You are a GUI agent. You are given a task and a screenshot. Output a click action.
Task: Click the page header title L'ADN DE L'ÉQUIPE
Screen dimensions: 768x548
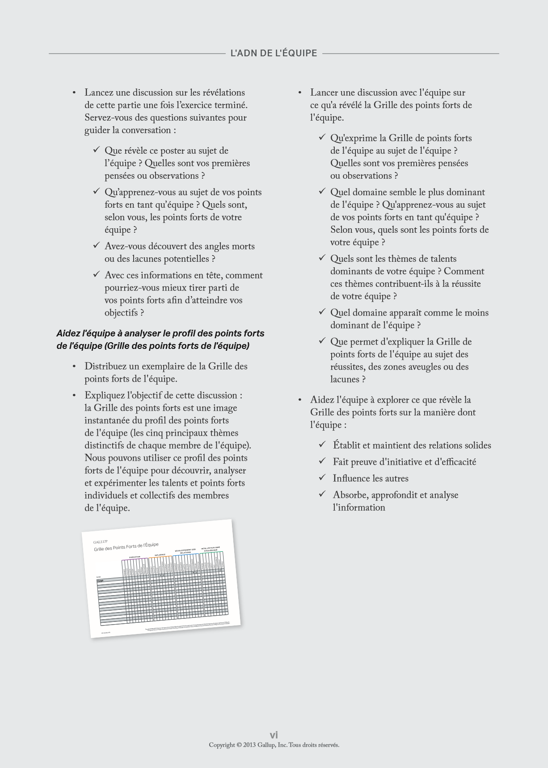coord(274,53)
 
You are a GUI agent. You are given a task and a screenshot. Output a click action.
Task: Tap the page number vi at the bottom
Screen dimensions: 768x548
coord(274,734)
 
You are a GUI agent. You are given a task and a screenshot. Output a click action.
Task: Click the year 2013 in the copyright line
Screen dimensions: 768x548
coord(249,745)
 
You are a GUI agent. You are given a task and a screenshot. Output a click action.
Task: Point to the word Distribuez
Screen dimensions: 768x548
coord(105,366)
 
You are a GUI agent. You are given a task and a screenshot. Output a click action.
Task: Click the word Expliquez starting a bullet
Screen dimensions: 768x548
coord(105,395)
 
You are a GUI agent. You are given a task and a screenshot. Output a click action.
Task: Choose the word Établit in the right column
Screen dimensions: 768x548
coord(346,445)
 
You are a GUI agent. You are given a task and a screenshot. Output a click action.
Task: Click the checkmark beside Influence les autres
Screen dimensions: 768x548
coord(322,478)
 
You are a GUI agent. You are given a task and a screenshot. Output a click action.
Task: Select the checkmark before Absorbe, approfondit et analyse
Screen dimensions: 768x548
coord(322,494)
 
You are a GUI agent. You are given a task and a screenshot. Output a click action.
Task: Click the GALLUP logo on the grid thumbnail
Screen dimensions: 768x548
coord(101,542)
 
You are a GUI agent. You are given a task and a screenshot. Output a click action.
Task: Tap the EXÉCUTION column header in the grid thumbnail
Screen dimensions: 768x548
coord(135,557)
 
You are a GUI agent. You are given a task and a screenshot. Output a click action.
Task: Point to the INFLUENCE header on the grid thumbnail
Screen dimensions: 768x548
coord(160,555)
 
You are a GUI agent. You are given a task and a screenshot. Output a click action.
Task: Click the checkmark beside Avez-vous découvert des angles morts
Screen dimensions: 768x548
coord(96,245)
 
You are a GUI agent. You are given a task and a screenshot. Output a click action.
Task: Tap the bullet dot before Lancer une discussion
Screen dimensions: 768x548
coord(300,93)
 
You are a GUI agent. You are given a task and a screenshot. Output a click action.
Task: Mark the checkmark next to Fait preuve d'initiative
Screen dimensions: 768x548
coord(322,461)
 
